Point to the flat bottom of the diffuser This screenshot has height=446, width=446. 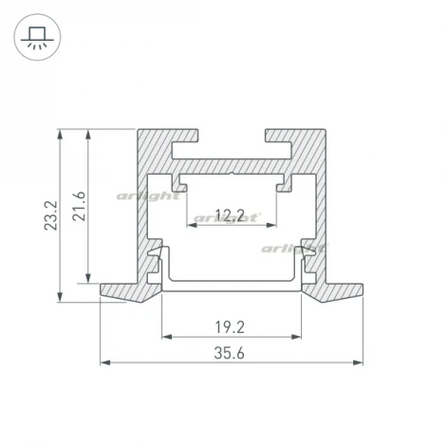[x=232, y=286]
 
